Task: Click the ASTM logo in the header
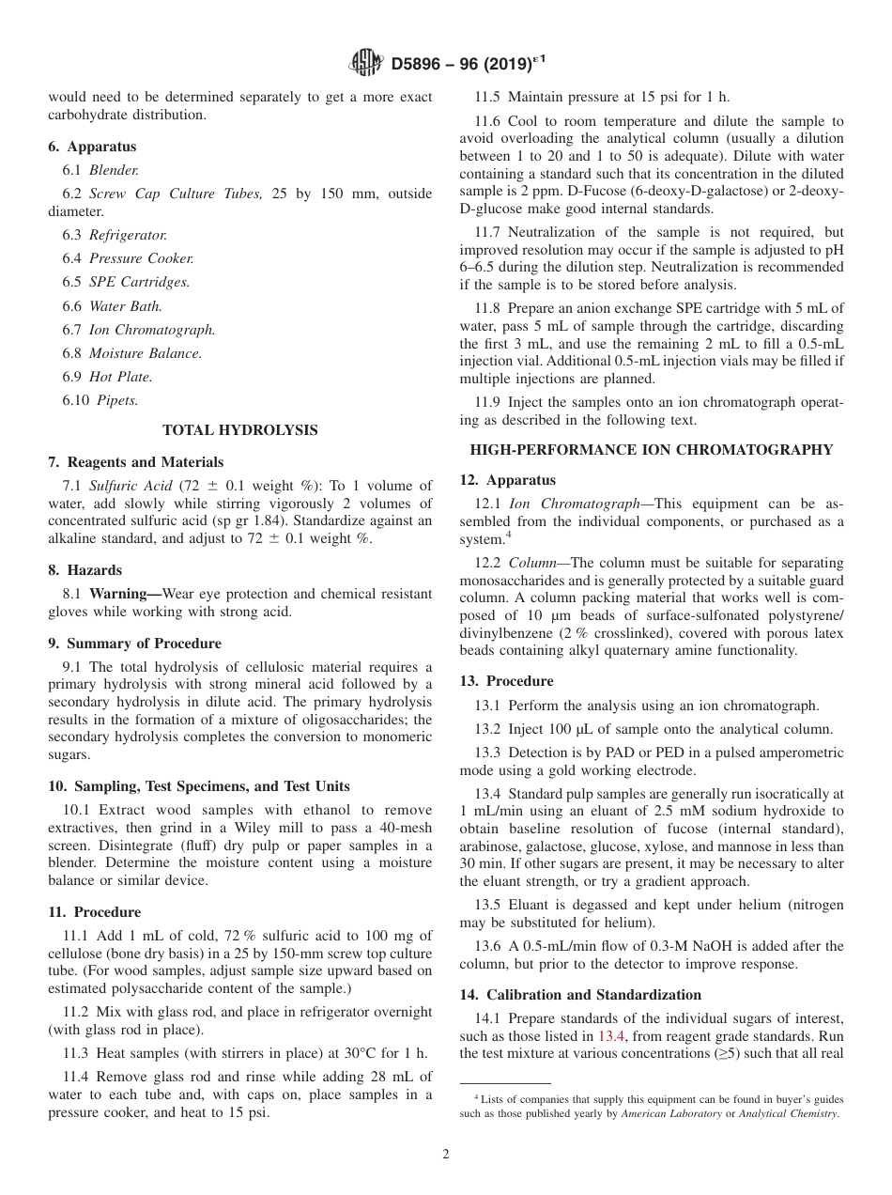point(365,63)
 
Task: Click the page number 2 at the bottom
point(446,1155)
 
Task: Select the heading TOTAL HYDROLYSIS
point(240,430)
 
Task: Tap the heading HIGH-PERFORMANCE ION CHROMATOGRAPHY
point(652,450)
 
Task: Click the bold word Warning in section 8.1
point(123,594)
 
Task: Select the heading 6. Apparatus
point(92,147)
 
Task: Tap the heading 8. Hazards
point(85,570)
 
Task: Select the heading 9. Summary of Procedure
point(135,644)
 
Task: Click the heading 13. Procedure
point(506,681)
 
